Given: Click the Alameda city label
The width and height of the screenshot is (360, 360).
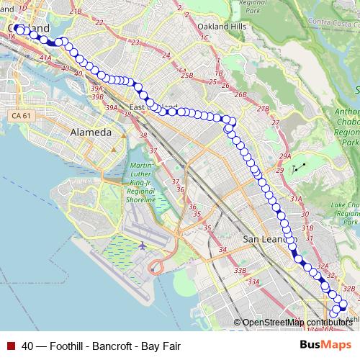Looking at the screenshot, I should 91,132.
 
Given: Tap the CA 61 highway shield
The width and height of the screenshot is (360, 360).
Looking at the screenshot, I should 20,116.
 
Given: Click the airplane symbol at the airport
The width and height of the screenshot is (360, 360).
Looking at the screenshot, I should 142,246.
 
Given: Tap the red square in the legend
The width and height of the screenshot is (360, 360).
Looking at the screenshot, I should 11,346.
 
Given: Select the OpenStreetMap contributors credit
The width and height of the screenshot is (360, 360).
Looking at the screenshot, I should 297,323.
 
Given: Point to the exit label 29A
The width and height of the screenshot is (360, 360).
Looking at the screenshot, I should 285,156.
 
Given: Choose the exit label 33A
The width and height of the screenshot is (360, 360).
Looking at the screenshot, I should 253,282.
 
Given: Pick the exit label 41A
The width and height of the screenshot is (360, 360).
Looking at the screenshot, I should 46,57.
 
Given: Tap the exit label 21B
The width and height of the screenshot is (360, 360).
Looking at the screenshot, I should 76,12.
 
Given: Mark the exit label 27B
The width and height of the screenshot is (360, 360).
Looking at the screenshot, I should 263,109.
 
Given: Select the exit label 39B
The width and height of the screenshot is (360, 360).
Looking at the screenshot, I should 98,96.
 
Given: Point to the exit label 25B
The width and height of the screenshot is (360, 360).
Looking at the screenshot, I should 188,75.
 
